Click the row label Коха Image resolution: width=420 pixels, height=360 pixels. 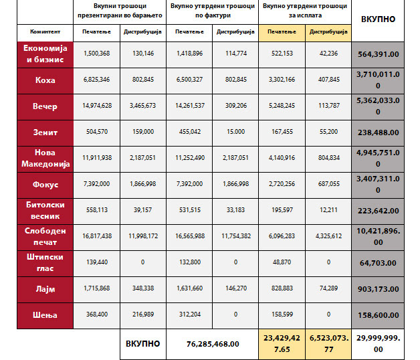click(x=45, y=80)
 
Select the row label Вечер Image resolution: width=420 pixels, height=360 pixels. click(x=45, y=106)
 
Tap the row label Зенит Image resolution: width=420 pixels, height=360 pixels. click(x=45, y=132)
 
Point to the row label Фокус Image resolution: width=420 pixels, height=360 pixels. click(x=45, y=184)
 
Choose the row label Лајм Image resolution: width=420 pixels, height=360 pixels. click(x=45, y=288)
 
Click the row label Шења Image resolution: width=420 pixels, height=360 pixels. click(x=45, y=314)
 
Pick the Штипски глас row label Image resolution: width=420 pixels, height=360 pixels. click(x=45, y=262)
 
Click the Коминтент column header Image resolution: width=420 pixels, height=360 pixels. click(x=45, y=31)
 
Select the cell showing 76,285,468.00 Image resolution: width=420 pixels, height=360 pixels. click(x=212, y=344)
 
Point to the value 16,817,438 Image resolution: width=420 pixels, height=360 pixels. click(x=97, y=237)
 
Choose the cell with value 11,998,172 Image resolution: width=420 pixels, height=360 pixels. click(x=143, y=237)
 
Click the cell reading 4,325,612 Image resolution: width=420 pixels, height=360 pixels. click(x=328, y=237)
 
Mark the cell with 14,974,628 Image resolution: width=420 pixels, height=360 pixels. click(x=97, y=106)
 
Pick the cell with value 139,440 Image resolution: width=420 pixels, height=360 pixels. click(x=97, y=262)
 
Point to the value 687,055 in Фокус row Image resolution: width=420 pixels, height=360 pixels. click(x=328, y=184)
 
